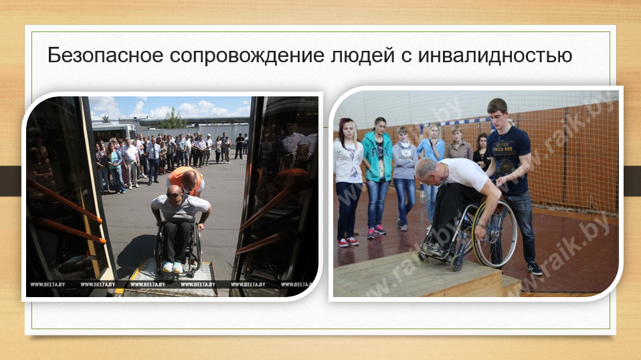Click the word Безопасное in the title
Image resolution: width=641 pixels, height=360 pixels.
106,55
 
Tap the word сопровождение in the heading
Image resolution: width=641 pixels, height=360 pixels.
247,56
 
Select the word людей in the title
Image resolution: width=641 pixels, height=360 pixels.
363,56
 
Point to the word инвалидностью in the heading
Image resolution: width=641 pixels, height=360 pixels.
494,56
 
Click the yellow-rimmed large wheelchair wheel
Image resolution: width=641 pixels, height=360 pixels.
495,234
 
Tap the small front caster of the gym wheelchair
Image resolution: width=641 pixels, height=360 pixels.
456,264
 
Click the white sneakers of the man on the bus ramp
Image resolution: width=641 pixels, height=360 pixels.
173,267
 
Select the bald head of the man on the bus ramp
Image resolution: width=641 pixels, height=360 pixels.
174,193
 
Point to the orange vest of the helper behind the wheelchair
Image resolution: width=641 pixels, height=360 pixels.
185,177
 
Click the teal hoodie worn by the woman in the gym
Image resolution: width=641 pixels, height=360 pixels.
377,156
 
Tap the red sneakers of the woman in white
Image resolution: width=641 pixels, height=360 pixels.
347,242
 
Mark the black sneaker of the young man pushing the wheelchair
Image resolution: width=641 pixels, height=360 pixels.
535,268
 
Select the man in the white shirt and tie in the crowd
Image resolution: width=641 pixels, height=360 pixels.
154,160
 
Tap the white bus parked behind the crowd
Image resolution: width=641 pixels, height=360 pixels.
113,132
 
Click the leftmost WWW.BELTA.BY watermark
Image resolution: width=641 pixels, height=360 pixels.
48,284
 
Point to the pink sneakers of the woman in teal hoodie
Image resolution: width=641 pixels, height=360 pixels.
376,232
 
